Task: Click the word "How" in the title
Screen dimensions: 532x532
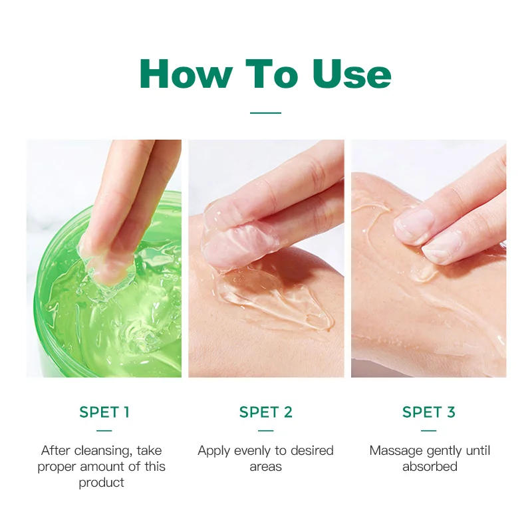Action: (186, 74)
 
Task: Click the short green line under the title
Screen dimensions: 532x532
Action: (266, 112)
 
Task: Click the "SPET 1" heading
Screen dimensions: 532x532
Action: (104, 412)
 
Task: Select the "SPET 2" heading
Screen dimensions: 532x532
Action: (266, 412)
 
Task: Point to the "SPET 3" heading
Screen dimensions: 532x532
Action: (429, 412)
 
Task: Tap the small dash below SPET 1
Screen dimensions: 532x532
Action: (104, 430)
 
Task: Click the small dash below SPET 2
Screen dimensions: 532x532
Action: (266, 430)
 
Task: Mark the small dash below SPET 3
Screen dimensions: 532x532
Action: (429, 430)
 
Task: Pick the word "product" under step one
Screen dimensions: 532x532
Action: (102, 483)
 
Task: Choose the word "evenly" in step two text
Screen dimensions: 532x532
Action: (255, 451)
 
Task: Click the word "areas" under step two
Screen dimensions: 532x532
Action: (266, 467)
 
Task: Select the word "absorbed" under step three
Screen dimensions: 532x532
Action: (430, 467)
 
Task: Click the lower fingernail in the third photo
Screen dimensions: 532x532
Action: (442, 249)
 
